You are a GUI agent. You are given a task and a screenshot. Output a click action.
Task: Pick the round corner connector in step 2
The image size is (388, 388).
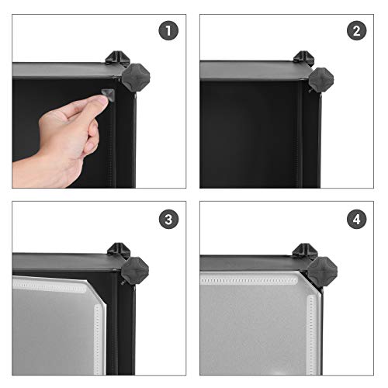320,78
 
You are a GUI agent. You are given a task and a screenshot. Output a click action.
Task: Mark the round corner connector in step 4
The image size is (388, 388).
320,271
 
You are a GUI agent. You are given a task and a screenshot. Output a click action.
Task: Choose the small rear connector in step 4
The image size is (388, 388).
303,250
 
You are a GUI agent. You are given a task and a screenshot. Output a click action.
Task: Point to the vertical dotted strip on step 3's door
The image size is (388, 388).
99,341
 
